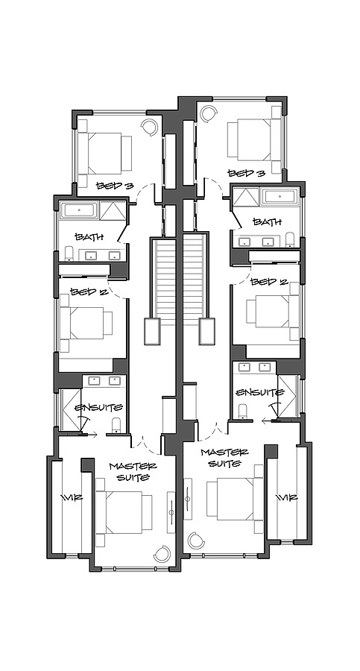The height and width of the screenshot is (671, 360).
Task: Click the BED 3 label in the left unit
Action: coord(114,185)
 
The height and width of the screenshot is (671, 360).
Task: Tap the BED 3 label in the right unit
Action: coord(246,173)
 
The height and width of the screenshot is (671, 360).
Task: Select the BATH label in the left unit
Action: coord(87,236)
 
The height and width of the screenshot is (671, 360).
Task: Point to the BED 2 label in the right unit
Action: coord(268,282)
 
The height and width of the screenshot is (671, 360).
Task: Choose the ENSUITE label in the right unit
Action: coord(259,392)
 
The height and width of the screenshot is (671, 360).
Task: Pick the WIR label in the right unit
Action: coord(286,497)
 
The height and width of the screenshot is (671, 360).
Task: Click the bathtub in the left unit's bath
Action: coord(78,210)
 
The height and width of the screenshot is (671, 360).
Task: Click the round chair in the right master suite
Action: coord(198,539)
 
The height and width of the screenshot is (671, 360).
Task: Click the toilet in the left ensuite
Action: coord(115,426)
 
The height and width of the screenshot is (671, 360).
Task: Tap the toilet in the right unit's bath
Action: coord(291,239)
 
